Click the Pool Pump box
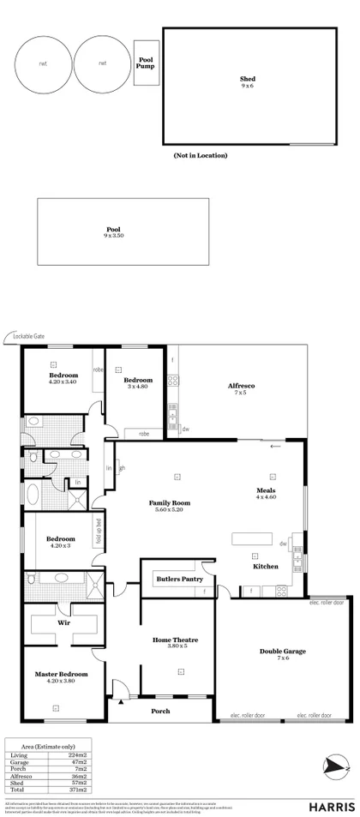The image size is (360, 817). [146, 63]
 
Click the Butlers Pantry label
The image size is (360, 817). [178, 580]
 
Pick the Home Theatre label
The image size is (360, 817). [175, 640]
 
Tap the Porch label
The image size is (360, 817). [159, 711]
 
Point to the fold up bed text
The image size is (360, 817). [99, 533]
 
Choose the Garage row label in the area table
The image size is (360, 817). [18, 761]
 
